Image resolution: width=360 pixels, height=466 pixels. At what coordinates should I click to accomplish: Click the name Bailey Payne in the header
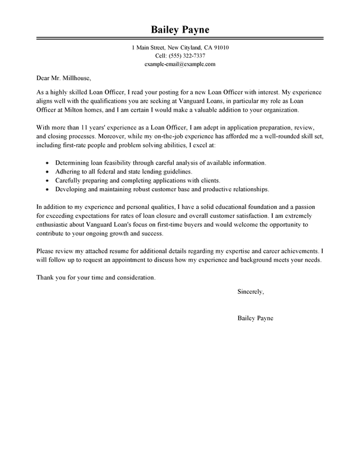[x=180, y=30]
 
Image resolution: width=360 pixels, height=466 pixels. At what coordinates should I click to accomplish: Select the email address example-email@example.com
[x=180, y=64]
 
